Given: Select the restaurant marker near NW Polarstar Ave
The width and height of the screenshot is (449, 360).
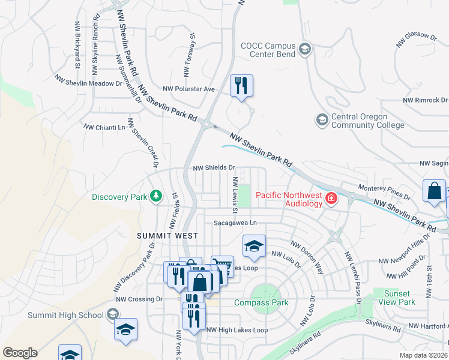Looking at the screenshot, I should coord(241,85).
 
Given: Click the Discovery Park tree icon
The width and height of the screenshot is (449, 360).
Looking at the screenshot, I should coord(155,196).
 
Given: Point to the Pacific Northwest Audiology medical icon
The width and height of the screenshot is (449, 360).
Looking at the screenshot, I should coord(331,199).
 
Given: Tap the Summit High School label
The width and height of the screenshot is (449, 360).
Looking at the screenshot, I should coord(65,315).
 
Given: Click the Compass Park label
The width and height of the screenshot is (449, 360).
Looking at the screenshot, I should coord(261,302).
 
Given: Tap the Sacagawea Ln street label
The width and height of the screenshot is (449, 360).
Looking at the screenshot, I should coord(236,223).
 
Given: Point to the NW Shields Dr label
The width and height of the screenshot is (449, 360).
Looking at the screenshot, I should coord(214,168).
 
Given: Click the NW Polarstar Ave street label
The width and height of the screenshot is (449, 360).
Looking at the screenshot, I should coord(184,89).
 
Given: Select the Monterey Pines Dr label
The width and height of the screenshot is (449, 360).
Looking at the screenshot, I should coord(383,192).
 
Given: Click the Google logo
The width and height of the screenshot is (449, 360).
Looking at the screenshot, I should coord(20,353).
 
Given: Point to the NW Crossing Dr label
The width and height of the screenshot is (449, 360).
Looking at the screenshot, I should coord(139,299).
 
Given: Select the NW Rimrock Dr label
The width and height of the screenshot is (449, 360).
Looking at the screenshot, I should coord(425,100).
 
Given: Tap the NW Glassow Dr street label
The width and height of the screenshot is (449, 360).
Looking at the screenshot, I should coord(416,41).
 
